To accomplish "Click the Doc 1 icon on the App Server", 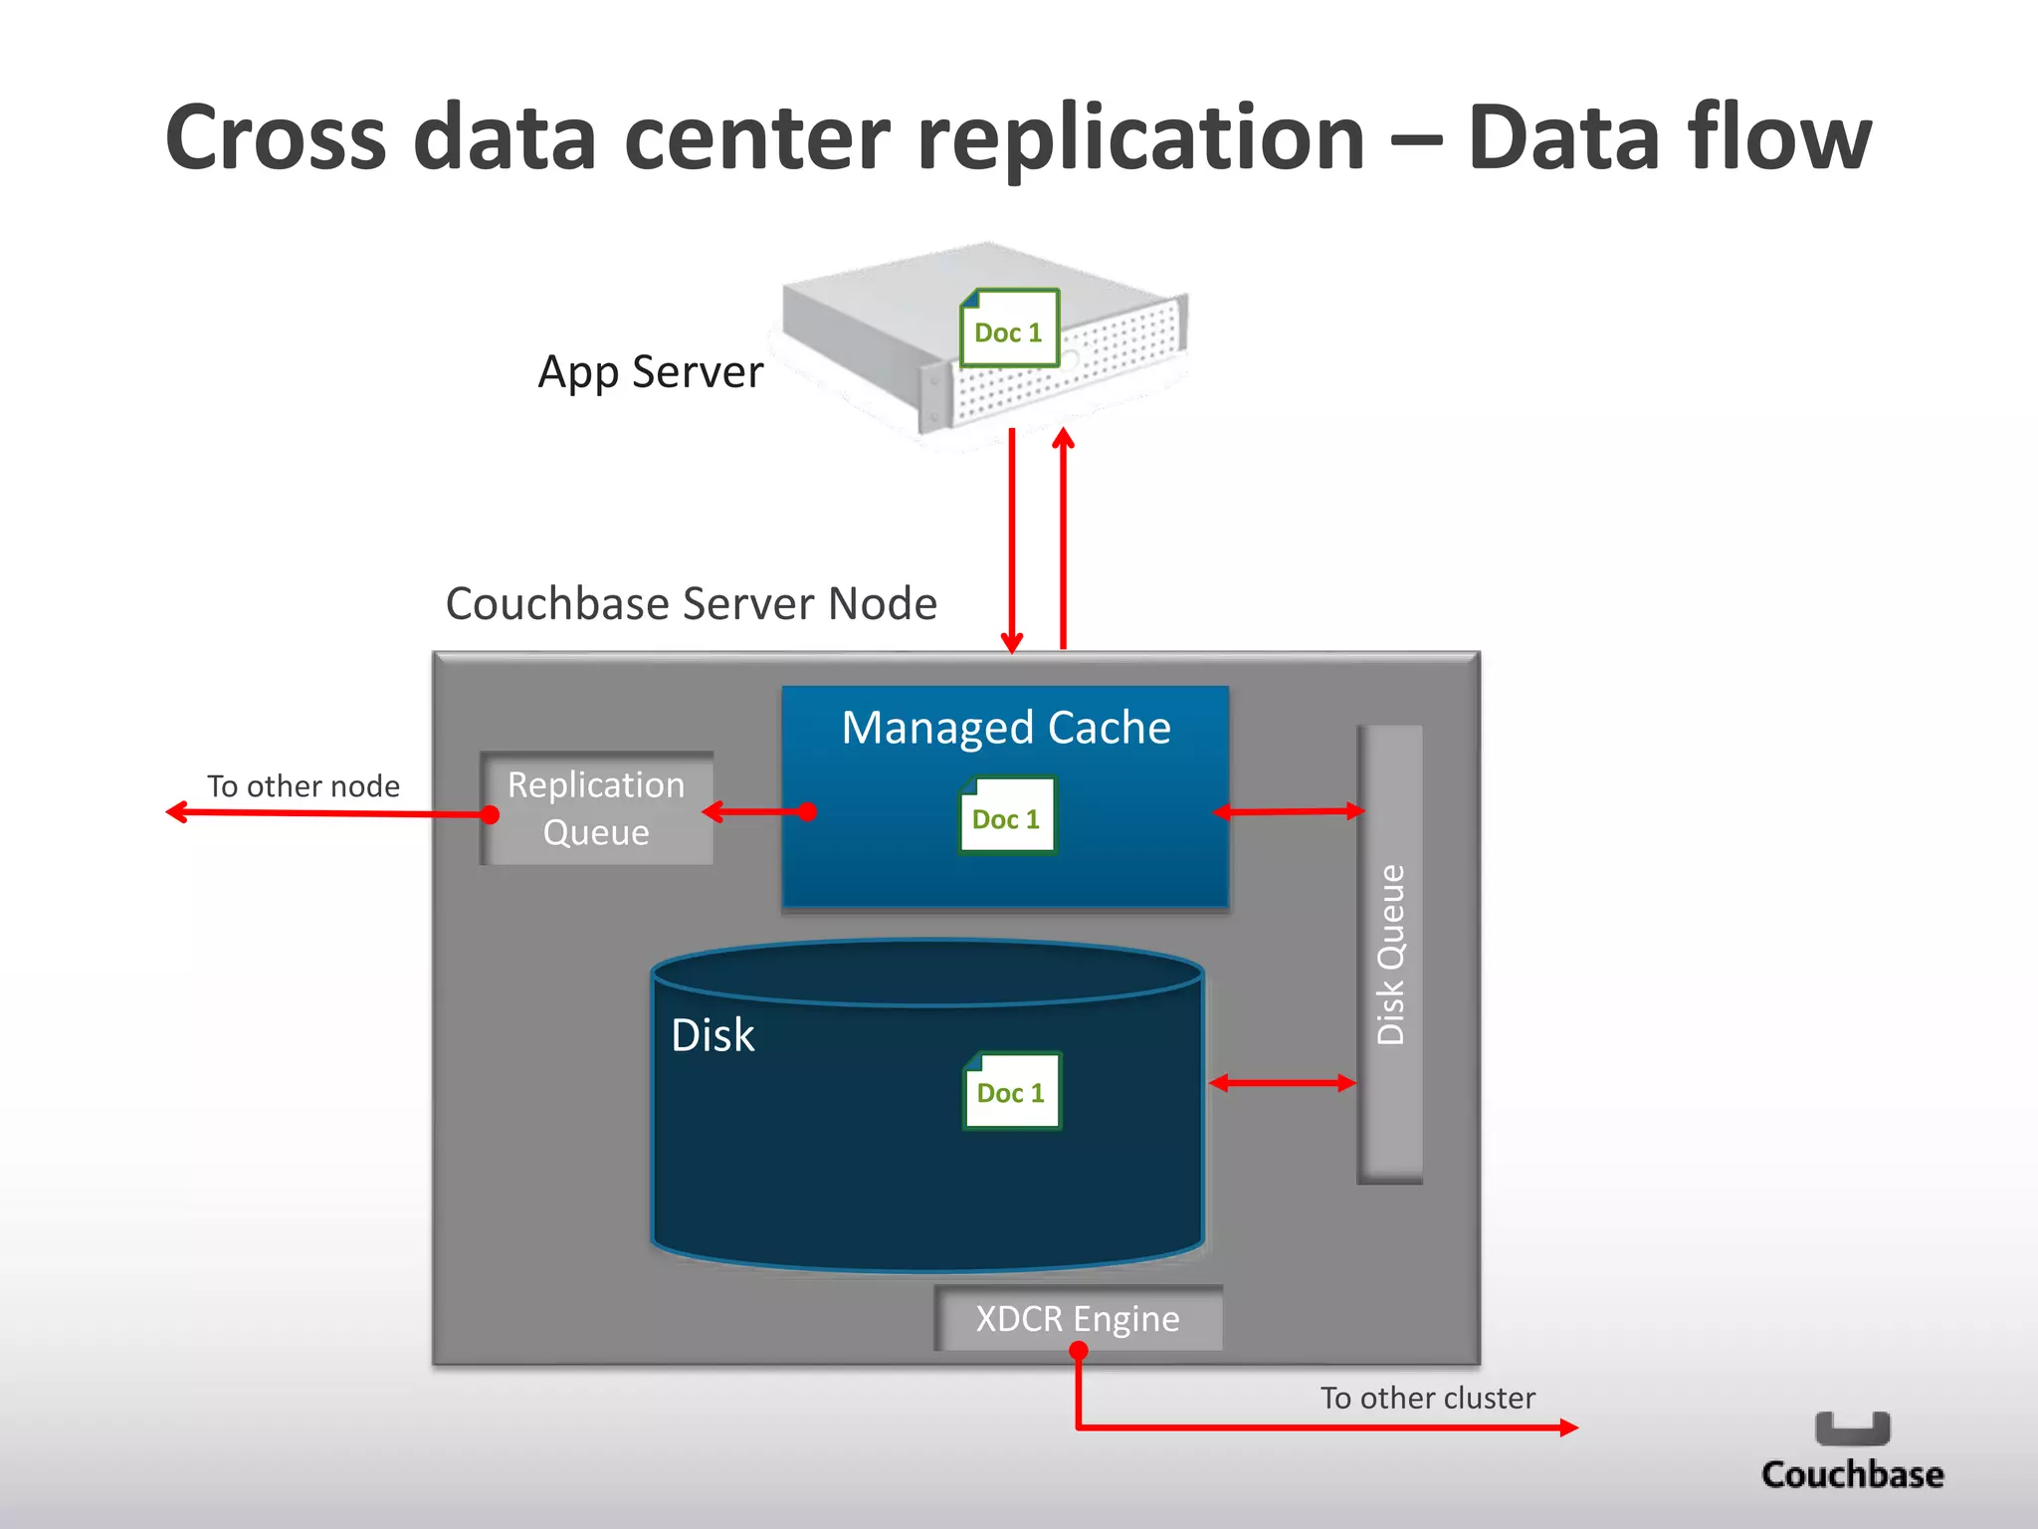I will pos(1009,328).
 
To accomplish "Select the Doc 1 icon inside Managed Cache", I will pos(1006,816).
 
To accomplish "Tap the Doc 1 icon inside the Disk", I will pos(1011,1091).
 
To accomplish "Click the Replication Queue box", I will pos(596,808).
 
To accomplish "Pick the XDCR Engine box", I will pos(1078,1318).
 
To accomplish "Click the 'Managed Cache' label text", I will pos(1006,728).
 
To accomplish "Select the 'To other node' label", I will pos(303,786).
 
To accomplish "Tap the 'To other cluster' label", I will pos(1427,1398).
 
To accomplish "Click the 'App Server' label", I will pos(650,372).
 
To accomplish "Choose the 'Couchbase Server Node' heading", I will pos(691,604).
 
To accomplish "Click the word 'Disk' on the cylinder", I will pos(713,1035).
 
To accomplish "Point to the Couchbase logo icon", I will pos(1852,1428).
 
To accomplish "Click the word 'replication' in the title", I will pos(1140,139).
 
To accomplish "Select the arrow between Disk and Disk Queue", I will pos(1283,1083).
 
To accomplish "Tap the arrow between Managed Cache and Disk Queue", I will pos(1289,812).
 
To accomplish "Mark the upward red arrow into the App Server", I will pos(1063,538).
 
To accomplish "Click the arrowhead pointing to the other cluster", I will pos(1568,1427).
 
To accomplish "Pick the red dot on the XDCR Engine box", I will pos(1078,1351).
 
